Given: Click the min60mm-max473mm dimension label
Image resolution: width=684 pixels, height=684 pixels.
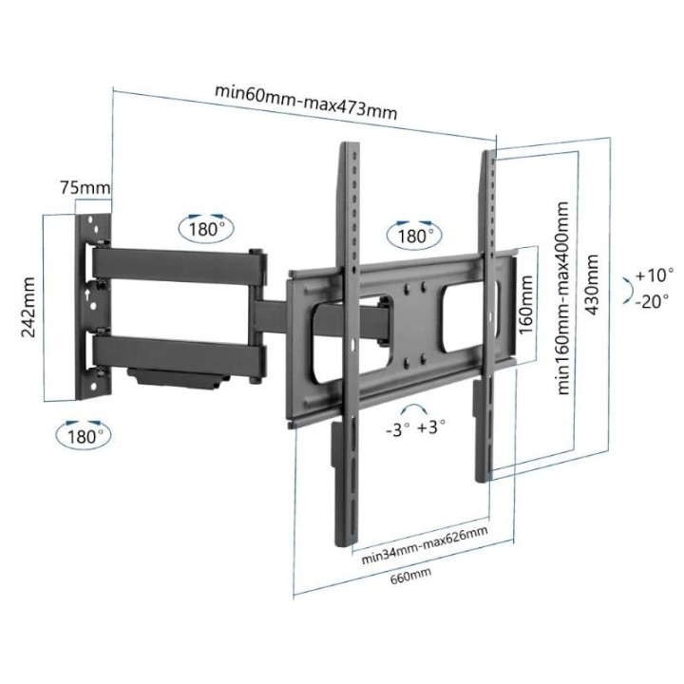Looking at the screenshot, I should [x=306, y=100].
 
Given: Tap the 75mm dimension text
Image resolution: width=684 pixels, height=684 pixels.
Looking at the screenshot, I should [x=85, y=187].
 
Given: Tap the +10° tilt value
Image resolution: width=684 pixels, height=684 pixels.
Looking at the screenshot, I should [x=654, y=275].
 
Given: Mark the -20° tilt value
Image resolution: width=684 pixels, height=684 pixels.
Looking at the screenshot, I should [x=654, y=300].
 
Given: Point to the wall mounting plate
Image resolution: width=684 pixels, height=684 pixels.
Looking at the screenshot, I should [x=95, y=306].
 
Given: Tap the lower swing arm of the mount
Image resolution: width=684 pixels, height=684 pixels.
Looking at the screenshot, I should [x=180, y=356].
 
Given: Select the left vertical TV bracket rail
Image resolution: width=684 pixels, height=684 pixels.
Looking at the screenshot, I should [x=349, y=342].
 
